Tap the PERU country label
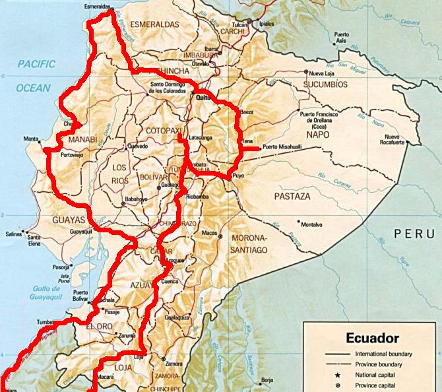coord(414,234)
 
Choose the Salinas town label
coord(13,234)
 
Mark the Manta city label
coord(30,139)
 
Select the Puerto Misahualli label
coord(282,147)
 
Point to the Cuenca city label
coord(170,280)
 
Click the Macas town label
coord(209,232)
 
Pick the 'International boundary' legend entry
coord(382,354)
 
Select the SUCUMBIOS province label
coord(325,84)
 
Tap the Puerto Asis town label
coord(340,38)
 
